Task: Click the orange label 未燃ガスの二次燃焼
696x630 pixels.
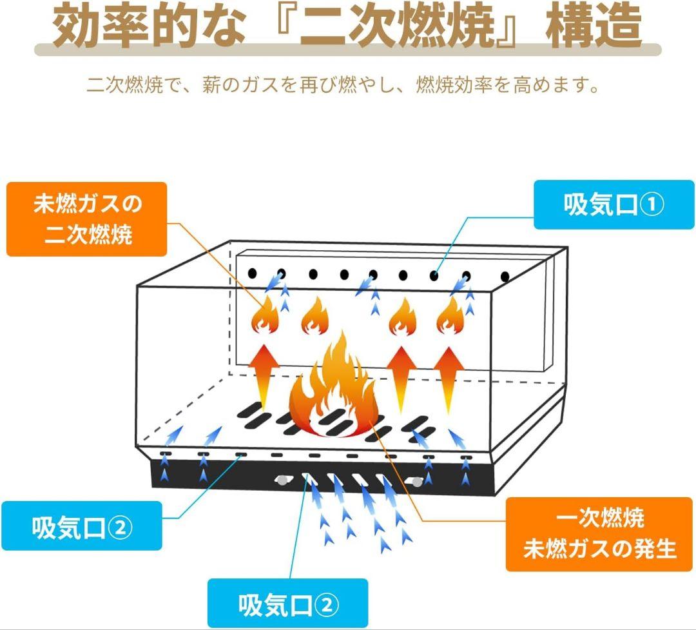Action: click(x=87, y=219)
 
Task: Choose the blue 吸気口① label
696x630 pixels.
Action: click(x=614, y=205)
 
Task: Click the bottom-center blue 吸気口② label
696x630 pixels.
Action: click(x=287, y=605)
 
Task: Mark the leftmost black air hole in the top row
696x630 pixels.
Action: click(x=252, y=273)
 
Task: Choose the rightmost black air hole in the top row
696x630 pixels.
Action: click(x=505, y=276)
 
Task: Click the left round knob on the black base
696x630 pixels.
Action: click(x=281, y=479)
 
